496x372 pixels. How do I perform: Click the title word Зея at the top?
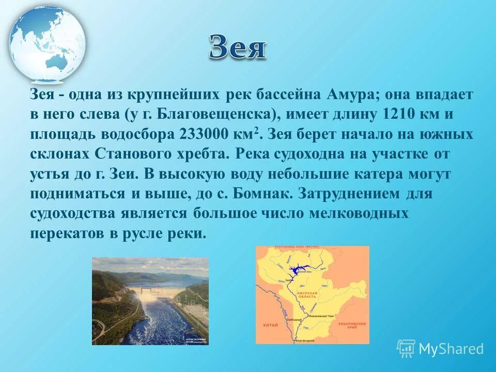[x=238, y=48]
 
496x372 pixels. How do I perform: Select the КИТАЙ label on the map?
[x=270, y=324]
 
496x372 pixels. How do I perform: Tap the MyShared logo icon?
[x=406, y=348]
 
